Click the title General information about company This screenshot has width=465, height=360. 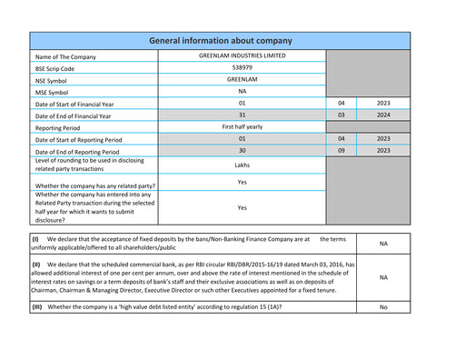[220, 41]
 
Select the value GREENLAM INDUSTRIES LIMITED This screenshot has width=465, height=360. [242, 56]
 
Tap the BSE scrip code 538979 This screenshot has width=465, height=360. [242, 68]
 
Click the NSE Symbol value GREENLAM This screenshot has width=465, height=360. [242, 80]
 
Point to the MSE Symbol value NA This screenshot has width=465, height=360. [242, 92]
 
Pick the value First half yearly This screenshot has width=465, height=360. [242, 127]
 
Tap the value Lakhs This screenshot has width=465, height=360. [242, 165]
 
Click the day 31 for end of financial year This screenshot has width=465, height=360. [242, 115]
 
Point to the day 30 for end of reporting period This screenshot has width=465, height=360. [242, 151]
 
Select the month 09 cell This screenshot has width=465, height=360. [341, 151]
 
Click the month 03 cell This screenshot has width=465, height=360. [341, 115]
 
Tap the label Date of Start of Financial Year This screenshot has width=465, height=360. [83, 105]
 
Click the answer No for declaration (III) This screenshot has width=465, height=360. [383, 307]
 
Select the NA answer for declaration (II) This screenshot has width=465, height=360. [383, 277]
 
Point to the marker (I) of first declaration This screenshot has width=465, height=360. [35, 238]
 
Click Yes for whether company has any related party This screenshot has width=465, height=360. [242, 182]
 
